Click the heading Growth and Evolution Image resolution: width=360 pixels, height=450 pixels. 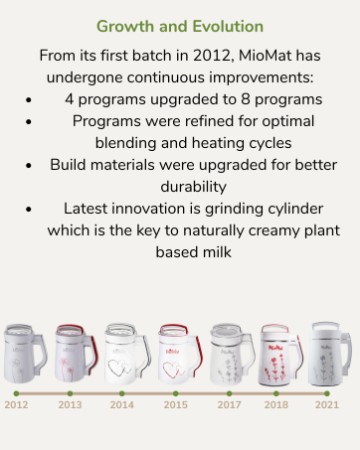pyautogui.click(x=180, y=25)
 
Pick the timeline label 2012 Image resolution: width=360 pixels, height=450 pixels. pyautogui.click(x=16, y=404)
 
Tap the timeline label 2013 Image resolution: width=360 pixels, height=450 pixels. pyautogui.click(x=70, y=404)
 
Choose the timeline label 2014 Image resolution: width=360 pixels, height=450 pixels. pyautogui.click(x=122, y=404)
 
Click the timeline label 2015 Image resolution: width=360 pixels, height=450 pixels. pyautogui.click(x=175, y=404)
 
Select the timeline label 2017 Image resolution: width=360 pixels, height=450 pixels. pyautogui.click(x=228, y=404)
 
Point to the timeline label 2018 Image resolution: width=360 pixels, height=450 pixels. pyautogui.click(x=276, y=404)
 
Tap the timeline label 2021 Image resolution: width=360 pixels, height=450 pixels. pyautogui.click(x=327, y=404)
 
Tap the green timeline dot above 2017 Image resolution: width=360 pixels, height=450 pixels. pyautogui.click(x=228, y=392)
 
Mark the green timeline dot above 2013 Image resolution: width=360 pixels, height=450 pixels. pyautogui.click(x=70, y=392)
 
